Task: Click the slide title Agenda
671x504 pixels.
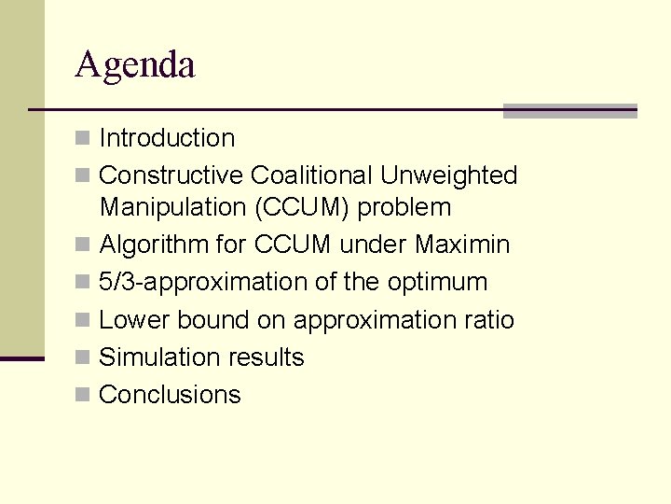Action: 135,65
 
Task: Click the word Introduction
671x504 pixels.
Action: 167,138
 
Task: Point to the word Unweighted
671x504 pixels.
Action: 448,175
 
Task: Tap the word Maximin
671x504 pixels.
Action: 462,245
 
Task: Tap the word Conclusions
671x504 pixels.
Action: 170,395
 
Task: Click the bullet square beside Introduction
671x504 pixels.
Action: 83,139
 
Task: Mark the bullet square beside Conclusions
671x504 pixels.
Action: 83,396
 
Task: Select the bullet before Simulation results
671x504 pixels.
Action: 83,358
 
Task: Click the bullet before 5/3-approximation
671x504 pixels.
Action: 83,283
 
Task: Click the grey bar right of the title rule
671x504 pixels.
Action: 569,110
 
